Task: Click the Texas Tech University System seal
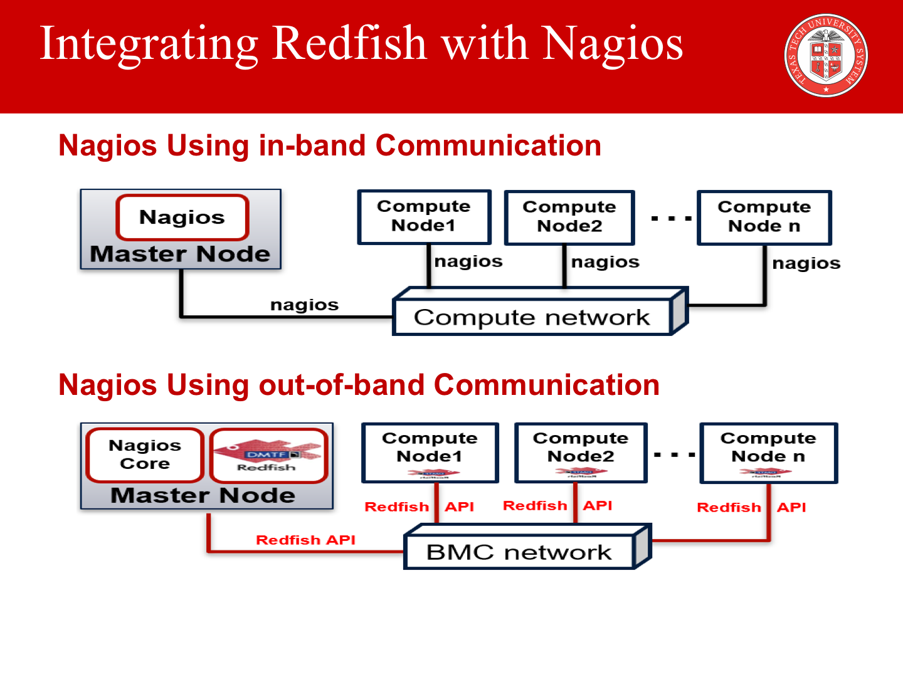[826, 55]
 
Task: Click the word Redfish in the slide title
[349, 44]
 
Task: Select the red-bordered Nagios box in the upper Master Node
[182, 218]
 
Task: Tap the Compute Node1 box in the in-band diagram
[424, 217]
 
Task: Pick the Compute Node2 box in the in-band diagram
[569, 217]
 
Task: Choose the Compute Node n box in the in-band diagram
[764, 217]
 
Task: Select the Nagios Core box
[145, 454]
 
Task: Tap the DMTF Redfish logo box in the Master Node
[268, 456]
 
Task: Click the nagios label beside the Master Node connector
[304, 305]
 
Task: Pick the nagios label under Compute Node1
[468, 261]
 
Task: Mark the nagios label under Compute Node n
[806, 263]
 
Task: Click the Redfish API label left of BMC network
[305, 540]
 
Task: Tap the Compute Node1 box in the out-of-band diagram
[430, 451]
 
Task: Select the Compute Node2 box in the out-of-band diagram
[581, 451]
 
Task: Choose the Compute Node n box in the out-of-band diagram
[768, 451]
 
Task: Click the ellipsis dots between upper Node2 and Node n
[671, 219]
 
